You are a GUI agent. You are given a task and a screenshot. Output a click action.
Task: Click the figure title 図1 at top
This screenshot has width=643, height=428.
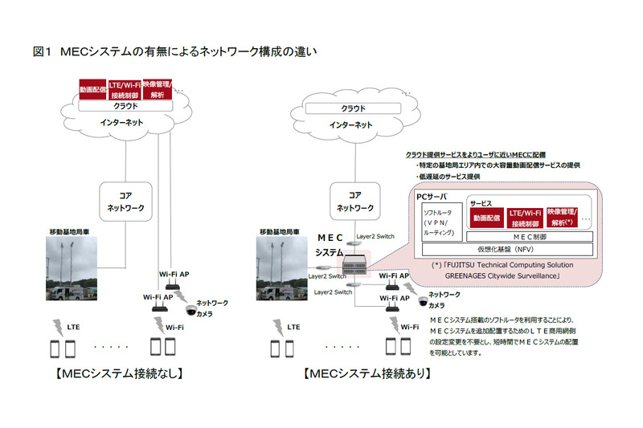pyautogui.click(x=42, y=51)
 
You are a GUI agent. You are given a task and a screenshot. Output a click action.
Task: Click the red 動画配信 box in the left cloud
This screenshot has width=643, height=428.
pyautogui.click(x=92, y=90)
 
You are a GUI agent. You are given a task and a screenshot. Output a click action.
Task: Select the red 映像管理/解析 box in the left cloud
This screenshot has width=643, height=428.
pyautogui.click(x=157, y=90)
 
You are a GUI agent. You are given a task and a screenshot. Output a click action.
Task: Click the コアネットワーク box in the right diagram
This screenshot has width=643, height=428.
pyautogui.click(x=354, y=200)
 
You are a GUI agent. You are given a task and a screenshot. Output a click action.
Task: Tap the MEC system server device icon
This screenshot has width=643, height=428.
pyautogui.click(x=354, y=263)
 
